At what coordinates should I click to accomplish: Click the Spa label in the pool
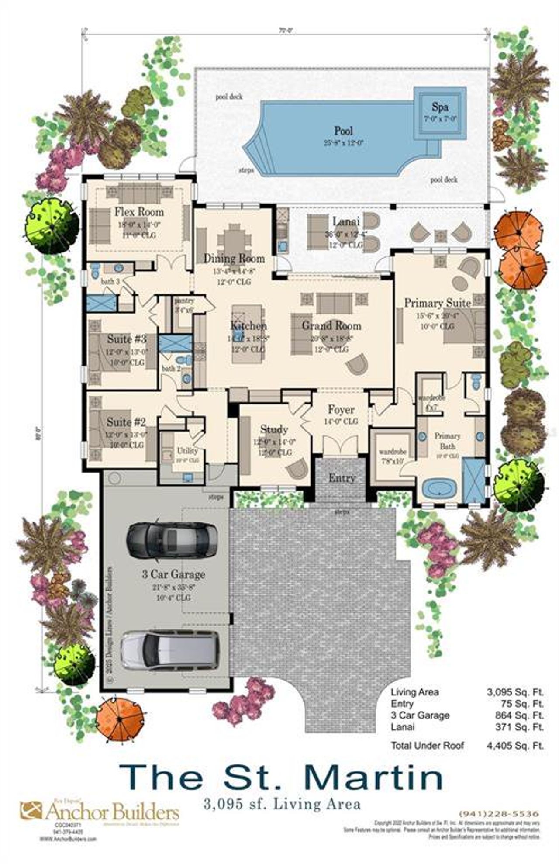coord(440,107)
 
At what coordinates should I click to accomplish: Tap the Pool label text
coord(344,131)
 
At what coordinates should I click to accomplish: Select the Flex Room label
coord(139,212)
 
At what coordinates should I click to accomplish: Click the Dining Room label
coord(234,259)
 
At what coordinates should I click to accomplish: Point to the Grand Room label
coord(331,326)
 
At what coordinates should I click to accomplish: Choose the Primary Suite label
coord(438,303)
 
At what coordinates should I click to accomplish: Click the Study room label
coord(274,429)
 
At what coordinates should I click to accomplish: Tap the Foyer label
coord(341,410)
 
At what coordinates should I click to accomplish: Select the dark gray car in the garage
coord(172,540)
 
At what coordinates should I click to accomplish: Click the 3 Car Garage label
coord(173,574)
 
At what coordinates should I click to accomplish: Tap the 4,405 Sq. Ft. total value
coord(515,745)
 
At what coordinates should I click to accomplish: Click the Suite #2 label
coord(126,422)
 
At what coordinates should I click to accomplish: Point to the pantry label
coord(184,301)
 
